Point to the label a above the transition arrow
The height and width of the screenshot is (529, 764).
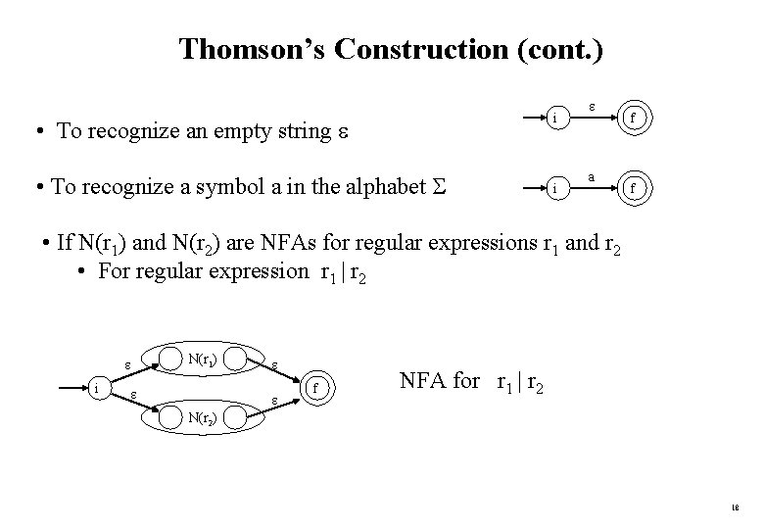click(592, 176)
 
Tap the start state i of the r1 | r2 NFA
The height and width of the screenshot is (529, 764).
click(97, 389)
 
